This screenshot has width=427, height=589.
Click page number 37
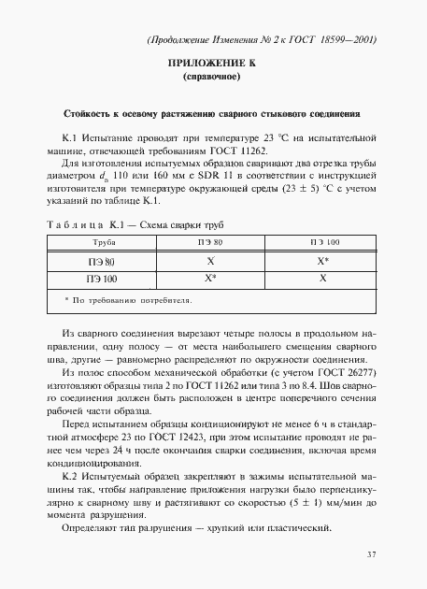[x=370, y=555]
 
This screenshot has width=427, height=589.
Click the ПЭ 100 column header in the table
[x=323, y=242]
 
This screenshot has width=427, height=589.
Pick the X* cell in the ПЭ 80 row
[x=323, y=262]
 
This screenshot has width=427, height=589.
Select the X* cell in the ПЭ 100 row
[x=211, y=279]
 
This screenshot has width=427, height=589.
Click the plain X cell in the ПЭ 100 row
[x=323, y=279]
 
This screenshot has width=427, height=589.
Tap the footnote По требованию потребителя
[x=129, y=301]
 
